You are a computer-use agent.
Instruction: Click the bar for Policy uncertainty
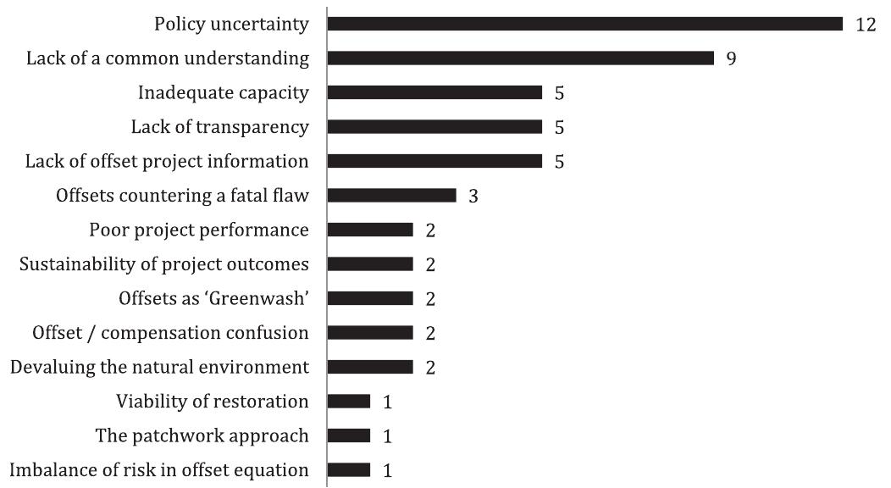tap(584, 24)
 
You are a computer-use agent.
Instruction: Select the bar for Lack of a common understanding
tap(521, 58)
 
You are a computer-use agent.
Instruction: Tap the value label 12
tap(865, 25)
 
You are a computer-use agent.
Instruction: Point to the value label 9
tap(731, 59)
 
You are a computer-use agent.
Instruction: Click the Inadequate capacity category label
tap(223, 93)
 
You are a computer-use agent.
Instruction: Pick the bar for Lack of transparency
tap(434, 127)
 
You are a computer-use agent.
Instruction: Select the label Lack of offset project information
tap(167, 161)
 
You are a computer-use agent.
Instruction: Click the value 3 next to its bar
tap(473, 196)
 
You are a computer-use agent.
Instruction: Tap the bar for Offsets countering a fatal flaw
tap(391, 196)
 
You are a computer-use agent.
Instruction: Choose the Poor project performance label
tap(199, 230)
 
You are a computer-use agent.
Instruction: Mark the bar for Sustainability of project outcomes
tap(370, 264)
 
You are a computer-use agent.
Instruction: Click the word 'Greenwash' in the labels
tap(262, 298)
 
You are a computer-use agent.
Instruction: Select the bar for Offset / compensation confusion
tap(370, 333)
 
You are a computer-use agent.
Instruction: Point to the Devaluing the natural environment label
tap(159, 367)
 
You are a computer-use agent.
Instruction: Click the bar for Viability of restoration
tap(349, 401)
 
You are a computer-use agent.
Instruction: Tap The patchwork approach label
tap(202, 435)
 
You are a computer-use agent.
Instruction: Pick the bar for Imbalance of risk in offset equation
tap(349, 469)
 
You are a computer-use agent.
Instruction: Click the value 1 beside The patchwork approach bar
tap(388, 436)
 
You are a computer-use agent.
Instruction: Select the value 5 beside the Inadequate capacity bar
tap(559, 93)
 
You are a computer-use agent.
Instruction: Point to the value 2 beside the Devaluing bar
tap(430, 368)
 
